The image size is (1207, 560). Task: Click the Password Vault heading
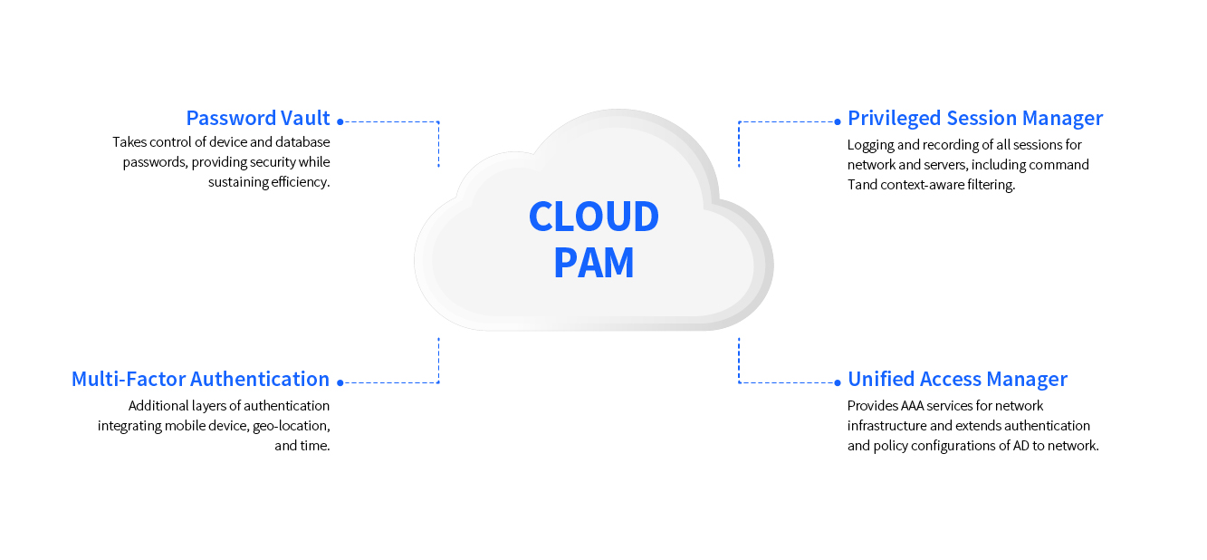(258, 118)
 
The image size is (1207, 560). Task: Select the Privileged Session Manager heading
(975, 118)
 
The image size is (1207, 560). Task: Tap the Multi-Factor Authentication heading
(200, 379)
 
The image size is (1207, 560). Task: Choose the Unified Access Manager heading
(957, 379)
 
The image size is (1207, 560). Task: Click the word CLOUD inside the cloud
(593, 217)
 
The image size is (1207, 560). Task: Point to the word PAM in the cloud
(593, 263)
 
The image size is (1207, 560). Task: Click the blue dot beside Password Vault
(340, 121)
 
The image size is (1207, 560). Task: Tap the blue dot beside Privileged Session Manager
(838, 121)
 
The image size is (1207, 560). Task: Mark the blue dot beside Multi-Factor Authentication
(340, 382)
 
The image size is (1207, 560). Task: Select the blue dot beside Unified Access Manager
(838, 382)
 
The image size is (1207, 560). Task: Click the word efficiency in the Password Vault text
(300, 182)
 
